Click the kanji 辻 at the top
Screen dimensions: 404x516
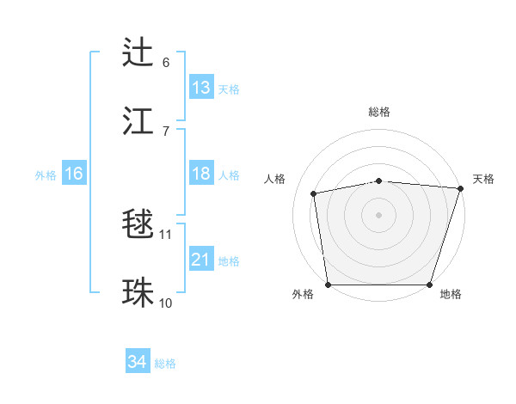point(138,52)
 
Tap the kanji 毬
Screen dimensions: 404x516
point(138,224)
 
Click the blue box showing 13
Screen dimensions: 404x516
point(201,88)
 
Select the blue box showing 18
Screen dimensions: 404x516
point(201,174)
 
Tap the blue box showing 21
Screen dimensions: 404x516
point(201,260)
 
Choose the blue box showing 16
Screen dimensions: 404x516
point(73,174)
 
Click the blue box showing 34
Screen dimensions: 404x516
point(138,362)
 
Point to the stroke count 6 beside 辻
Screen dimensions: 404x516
point(166,62)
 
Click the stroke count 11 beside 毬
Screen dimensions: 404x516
point(166,234)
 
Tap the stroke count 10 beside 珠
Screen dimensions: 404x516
point(166,303)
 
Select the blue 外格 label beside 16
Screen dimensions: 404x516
point(46,174)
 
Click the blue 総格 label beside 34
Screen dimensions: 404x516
point(165,364)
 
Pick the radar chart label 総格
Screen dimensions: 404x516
point(379,112)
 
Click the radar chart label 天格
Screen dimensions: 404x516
point(483,179)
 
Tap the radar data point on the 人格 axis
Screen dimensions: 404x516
point(315,193)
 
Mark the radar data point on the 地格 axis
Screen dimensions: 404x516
point(430,285)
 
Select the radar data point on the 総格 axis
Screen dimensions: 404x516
point(379,181)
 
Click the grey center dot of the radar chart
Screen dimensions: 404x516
point(379,214)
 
